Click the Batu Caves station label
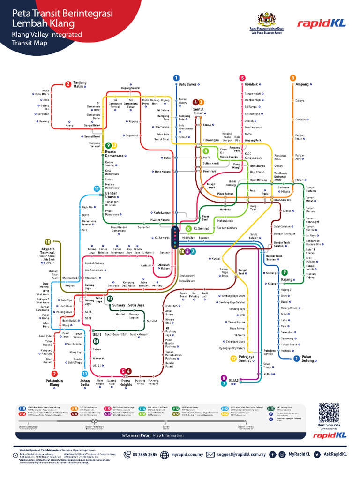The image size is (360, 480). [187, 84]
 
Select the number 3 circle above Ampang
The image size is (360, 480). [293, 78]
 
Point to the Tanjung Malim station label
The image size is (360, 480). [80, 84]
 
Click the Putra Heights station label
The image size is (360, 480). [126, 382]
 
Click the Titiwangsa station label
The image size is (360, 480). [211, 140]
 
